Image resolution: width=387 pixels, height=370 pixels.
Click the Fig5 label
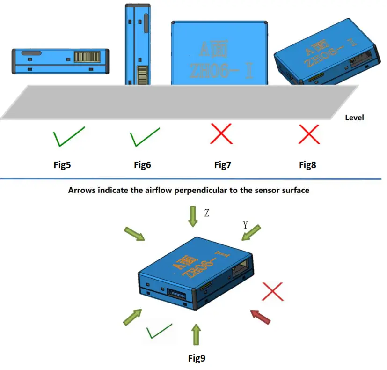point(63,165)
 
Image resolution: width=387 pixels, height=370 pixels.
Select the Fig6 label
point(142,165)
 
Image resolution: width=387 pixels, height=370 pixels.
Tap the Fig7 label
point(223,165)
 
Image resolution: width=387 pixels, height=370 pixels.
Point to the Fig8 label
point(307,165)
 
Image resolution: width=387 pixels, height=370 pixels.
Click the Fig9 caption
point(197,358)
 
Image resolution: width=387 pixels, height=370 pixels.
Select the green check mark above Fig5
point(68,136)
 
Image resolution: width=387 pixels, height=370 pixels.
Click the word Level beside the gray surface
point(354,118)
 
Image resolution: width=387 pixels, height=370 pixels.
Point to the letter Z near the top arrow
point(206,213)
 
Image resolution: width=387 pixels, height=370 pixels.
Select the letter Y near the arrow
point(245,225)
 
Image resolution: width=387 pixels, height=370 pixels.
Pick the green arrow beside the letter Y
point(252,233)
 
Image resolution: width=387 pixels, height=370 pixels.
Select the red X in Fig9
point(274,291)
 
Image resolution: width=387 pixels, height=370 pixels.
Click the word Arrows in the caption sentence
point(82,191)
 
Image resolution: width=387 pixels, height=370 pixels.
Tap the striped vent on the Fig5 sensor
point(87,57)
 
